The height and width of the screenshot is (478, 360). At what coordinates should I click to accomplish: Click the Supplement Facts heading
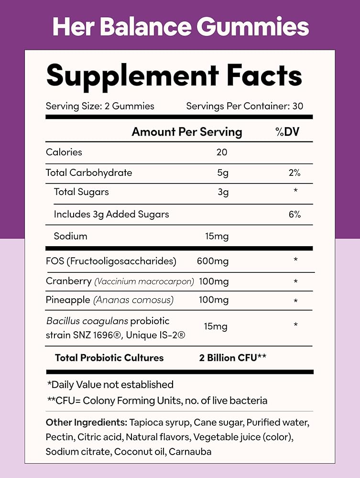coord(175,76)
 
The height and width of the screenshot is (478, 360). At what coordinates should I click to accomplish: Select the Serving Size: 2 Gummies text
coord(100,106)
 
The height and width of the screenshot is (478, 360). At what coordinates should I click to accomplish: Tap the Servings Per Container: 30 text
coord(245,106)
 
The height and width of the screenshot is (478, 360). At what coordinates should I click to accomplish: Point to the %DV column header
coord(287,132)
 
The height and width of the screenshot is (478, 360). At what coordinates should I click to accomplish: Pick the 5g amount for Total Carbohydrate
coord(223,173)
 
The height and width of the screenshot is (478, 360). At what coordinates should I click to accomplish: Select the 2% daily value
coord(295,173)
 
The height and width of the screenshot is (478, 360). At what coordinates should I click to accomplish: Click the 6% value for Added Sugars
coord(295,214)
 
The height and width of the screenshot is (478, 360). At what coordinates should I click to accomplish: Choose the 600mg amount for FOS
coord(213,261)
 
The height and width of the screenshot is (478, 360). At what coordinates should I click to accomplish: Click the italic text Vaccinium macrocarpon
coord(144,282)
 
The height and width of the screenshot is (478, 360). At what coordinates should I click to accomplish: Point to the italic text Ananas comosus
coord(133,300)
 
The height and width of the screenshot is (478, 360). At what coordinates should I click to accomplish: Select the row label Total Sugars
coord(81,192)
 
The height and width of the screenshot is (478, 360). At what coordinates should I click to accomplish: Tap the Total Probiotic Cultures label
coord(109,358)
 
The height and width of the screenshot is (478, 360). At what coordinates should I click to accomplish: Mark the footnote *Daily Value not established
coord(110,384)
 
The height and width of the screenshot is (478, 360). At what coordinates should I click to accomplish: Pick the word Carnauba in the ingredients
coord(190,451)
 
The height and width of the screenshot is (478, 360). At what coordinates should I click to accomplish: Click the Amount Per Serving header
coord(187,132)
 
